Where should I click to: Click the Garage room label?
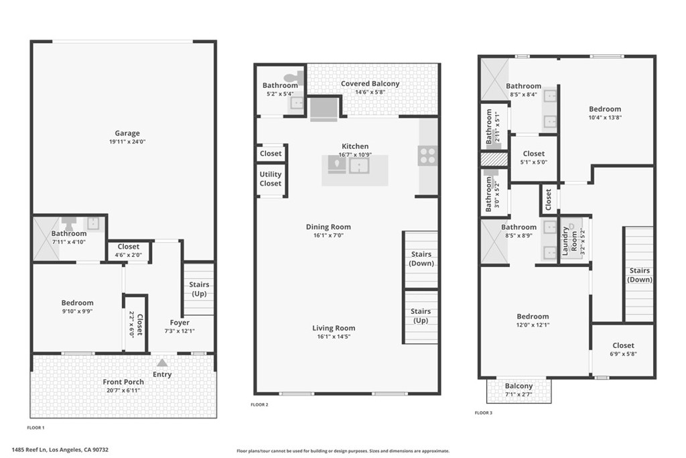click(x=127, y=133)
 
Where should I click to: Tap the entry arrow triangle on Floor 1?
click(x=162, y=363)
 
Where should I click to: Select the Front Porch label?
click(x=123, y=382)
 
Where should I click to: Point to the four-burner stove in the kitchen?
click(x=427, y=156)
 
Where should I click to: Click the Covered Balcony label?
click(x=370, y=84)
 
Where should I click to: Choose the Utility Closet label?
click(x=271, y=178)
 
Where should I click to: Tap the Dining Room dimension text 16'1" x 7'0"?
click(x=328, y=235)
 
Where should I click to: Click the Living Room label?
click(x=334, y=328)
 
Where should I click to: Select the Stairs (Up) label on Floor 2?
click(x=421, y=316)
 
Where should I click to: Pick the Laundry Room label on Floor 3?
click(x=569, y=241)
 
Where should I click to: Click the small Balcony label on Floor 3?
click(x=519, y=386)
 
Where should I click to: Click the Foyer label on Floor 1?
click(x=180, y=323)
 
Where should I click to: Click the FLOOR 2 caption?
click(x=259, y=404)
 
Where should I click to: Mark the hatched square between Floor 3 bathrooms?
click(x=494, y=158)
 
